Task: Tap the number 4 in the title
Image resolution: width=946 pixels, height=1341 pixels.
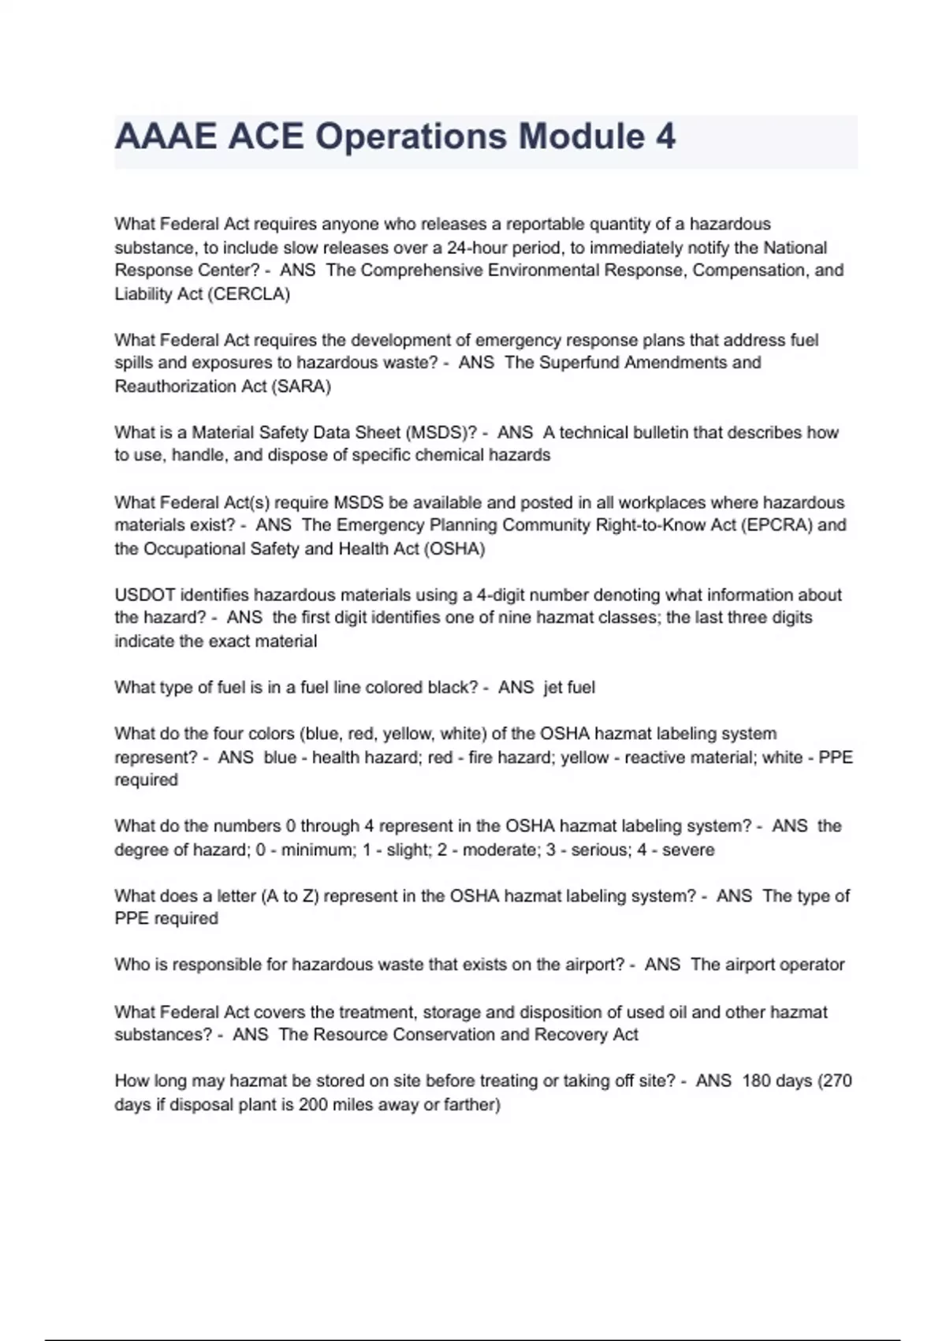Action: coord(665,136)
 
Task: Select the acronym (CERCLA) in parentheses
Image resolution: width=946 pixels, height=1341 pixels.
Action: coord(248,294)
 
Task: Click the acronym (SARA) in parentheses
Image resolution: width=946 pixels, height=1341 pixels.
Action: coord(301,387)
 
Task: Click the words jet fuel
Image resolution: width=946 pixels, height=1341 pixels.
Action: coord(569,688)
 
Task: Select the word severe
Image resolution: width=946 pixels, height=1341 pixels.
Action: coord(688,850)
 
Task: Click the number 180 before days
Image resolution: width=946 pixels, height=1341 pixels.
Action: coord(756,1081)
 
